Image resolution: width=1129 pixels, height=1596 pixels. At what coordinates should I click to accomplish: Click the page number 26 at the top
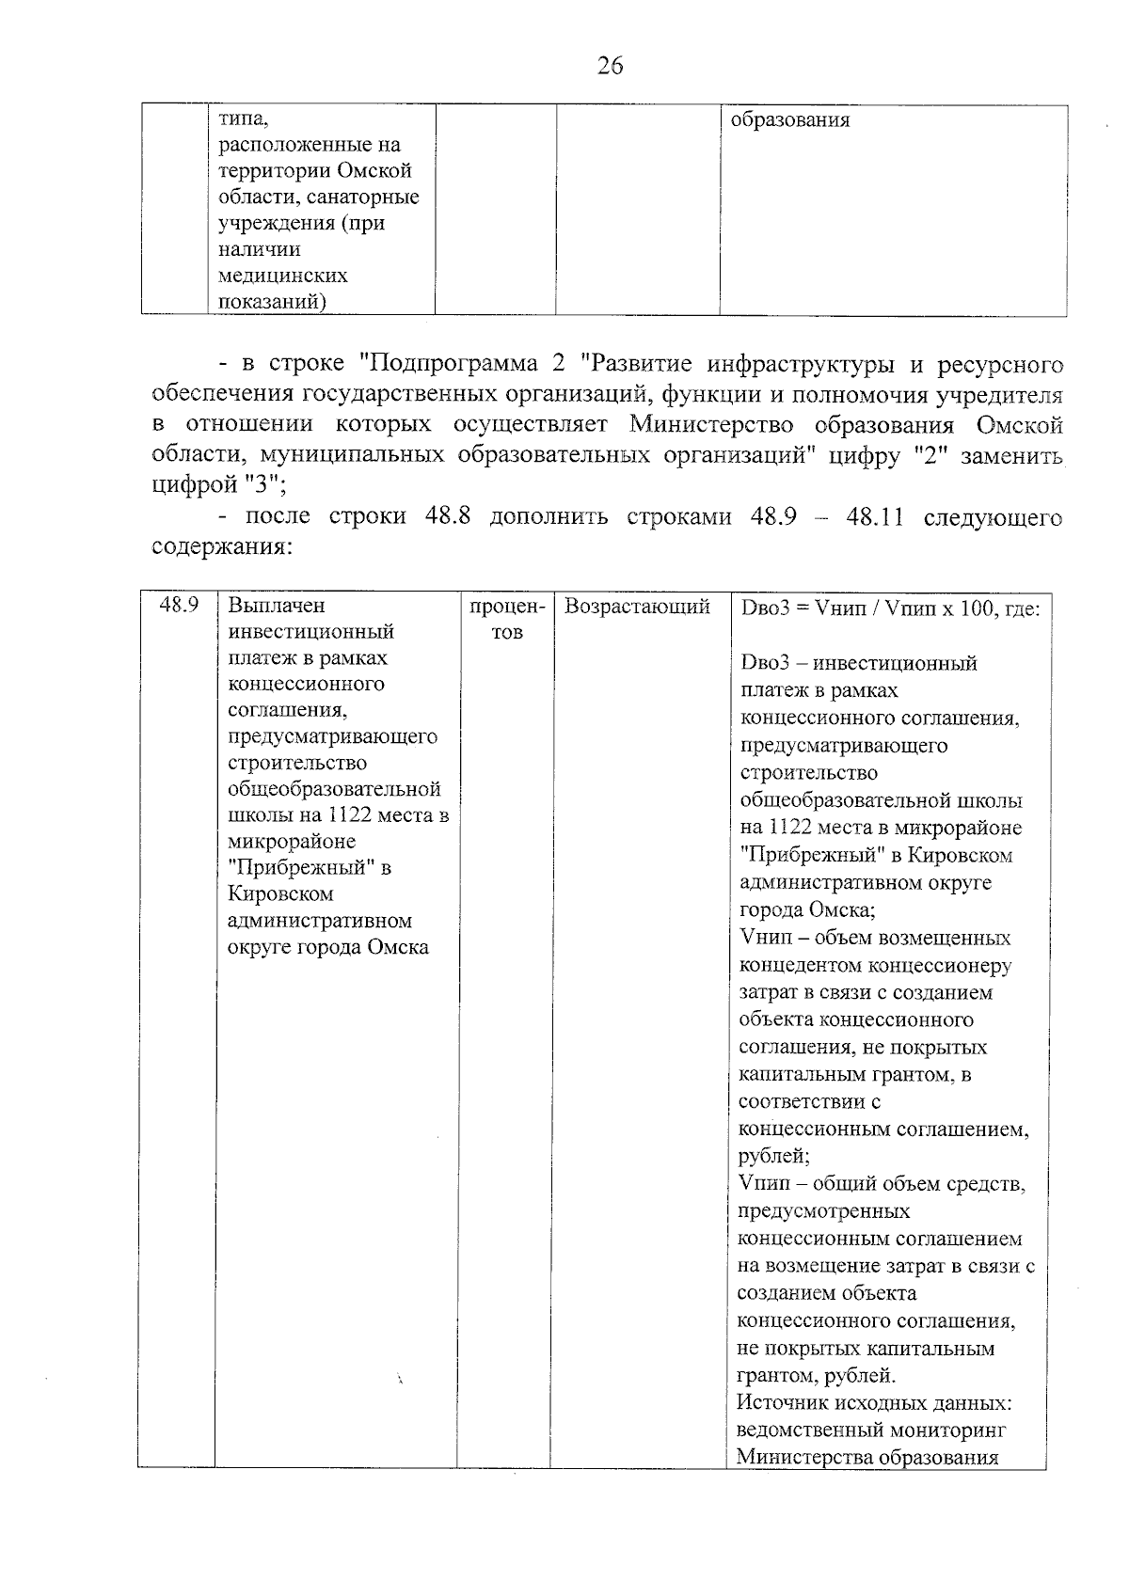point(610,66)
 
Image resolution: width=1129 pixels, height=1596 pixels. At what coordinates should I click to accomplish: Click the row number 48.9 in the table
point(178,605)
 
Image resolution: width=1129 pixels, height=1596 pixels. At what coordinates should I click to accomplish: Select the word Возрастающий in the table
point(637,607)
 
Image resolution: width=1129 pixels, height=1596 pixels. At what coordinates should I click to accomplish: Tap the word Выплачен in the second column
point(276,606)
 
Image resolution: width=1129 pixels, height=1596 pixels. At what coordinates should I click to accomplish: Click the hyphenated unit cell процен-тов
point(506,619)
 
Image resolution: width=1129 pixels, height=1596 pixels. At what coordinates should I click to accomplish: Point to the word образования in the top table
point(789,120)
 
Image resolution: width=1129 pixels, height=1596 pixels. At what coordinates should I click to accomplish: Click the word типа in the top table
point(243,119)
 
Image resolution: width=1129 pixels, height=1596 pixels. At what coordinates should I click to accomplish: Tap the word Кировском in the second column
point(280,893)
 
